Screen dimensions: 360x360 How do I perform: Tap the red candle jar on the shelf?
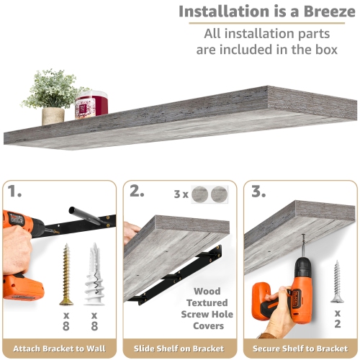click(91, 104)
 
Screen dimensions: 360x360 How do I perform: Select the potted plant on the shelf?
click(53, 96)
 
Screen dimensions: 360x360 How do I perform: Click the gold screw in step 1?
click(66, 274)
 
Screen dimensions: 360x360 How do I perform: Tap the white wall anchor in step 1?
click(94, 274)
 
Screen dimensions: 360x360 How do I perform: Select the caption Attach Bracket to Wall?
click(59, 348)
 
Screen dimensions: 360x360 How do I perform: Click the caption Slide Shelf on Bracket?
click(179, 348)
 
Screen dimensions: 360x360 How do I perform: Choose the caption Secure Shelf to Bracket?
click(300, 348)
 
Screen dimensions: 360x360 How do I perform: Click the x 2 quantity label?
click(338, 318)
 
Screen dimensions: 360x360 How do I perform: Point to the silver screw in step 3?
click(337, 281)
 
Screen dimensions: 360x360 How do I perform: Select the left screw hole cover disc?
click(199, 194)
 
